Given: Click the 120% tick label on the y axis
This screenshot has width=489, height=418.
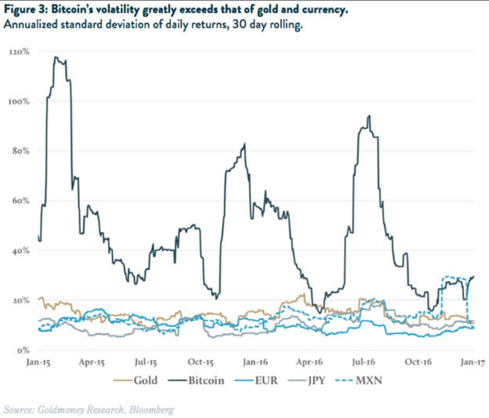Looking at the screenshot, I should tap(19, 52).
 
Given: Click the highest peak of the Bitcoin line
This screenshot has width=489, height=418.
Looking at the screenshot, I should tap(55, 57).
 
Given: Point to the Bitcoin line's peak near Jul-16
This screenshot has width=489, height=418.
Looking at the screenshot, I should tap(368, 116).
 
